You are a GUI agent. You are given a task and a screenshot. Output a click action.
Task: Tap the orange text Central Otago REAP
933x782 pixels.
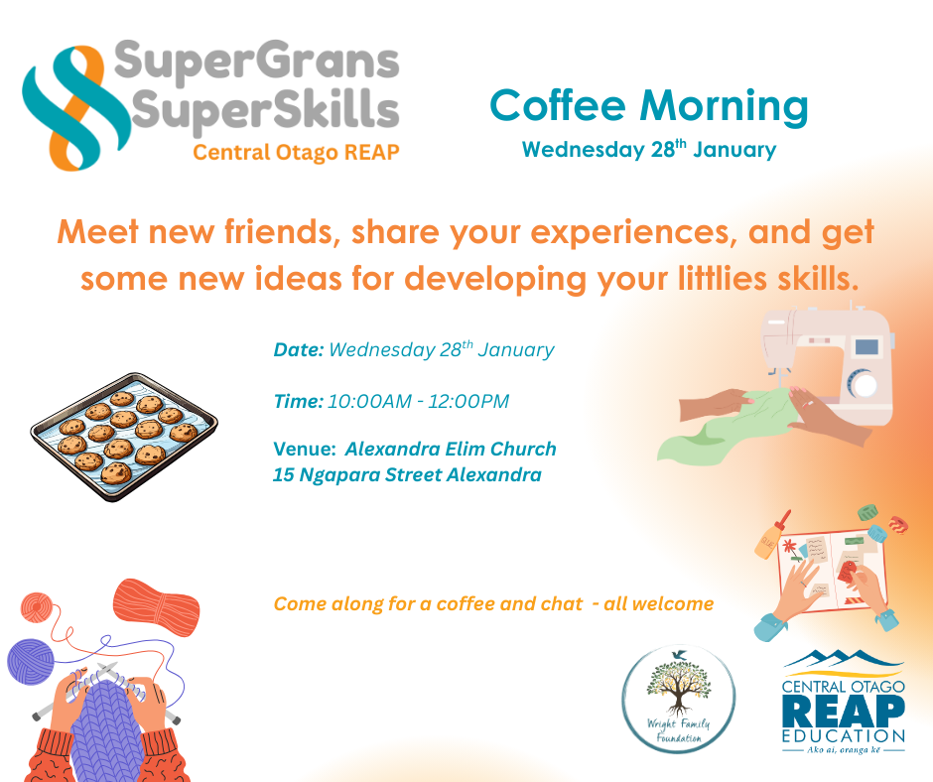point(296,153)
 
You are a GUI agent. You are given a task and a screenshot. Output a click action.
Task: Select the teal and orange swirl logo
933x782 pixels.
point(75,108)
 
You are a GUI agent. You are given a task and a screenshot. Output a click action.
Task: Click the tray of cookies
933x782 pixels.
point(124,437)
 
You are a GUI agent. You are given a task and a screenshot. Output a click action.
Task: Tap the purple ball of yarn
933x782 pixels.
point(31,661)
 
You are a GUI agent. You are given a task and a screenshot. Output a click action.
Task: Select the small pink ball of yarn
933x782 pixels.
point(37,607)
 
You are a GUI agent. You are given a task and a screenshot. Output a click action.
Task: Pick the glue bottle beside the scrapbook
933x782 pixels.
point(771,536)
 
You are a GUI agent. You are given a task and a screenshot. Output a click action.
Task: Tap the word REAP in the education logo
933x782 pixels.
point(844,711)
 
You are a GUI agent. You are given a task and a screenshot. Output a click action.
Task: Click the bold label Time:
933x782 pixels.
point(298,402)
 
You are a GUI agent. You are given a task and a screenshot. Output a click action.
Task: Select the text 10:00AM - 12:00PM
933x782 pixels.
point(418,402)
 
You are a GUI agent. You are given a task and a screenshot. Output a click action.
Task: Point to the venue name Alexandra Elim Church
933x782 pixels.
point(451,449)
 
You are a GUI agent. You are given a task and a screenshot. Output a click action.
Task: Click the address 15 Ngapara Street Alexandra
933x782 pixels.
point(407,475)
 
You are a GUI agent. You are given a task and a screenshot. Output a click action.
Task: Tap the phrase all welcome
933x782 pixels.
point(659,604)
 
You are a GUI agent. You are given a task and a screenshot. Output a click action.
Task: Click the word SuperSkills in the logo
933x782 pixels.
point(265,109)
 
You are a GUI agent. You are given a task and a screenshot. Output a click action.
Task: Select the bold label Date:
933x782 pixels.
point(298,350)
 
